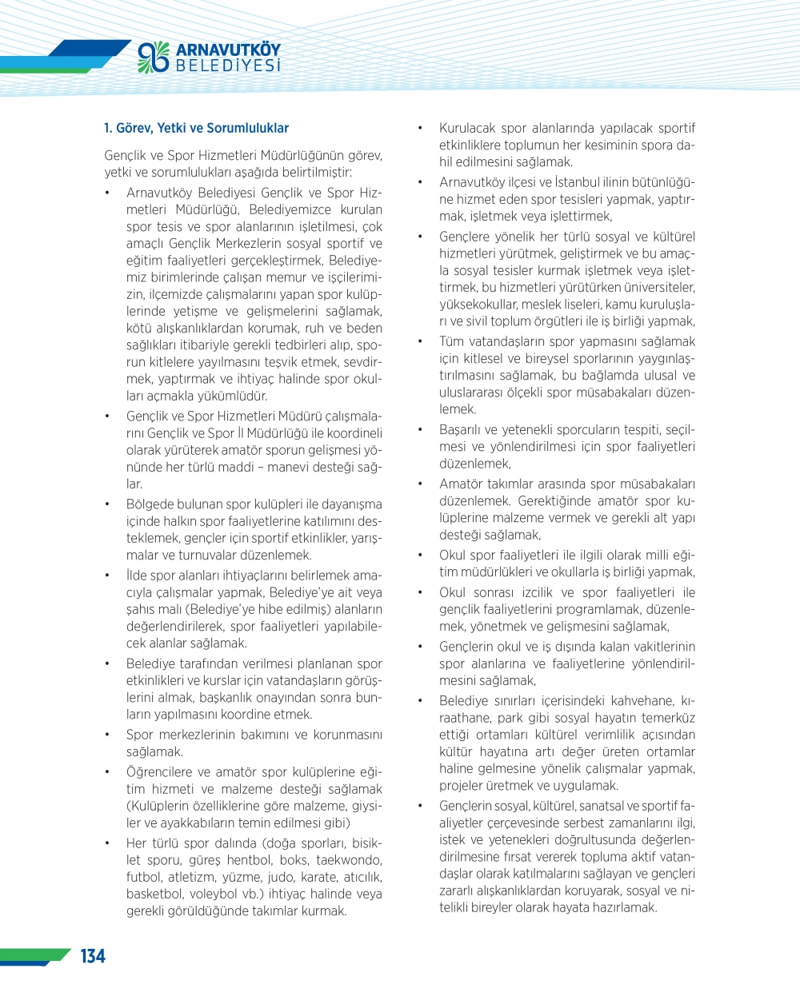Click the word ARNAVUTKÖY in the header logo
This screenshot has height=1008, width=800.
pos(228,50)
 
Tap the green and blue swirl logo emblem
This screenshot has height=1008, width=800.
pos(154,57)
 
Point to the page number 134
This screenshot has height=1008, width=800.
pos(93,956)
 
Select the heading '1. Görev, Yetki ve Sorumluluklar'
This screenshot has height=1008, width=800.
pos(196,128)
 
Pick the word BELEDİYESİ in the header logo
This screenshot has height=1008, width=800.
pos(228,66)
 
